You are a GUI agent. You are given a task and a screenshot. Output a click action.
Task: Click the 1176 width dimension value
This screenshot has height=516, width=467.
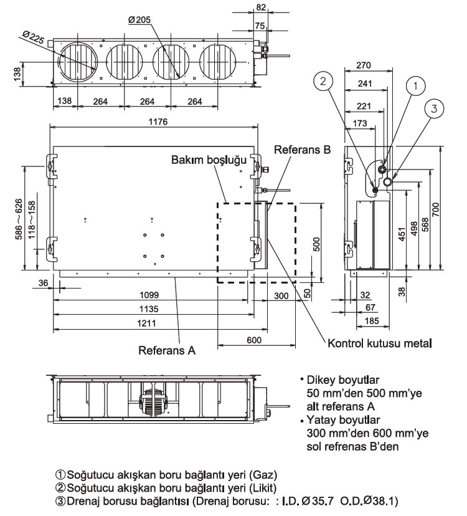(158, 122)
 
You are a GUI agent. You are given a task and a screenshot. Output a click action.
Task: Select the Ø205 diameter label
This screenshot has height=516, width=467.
(140, 21)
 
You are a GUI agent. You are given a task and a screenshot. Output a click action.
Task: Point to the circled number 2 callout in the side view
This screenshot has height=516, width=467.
(324, 80)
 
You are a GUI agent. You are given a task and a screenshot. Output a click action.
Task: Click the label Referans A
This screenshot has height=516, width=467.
(167, 351)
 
